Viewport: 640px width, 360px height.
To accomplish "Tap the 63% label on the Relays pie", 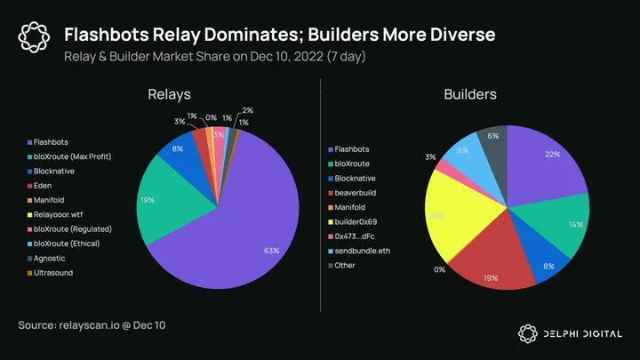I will (272, 251).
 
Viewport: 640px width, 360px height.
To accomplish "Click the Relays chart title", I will (171, 94).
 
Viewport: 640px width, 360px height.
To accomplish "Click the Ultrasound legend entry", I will (56, 272).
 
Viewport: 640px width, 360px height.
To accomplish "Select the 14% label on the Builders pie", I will (576, 224).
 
